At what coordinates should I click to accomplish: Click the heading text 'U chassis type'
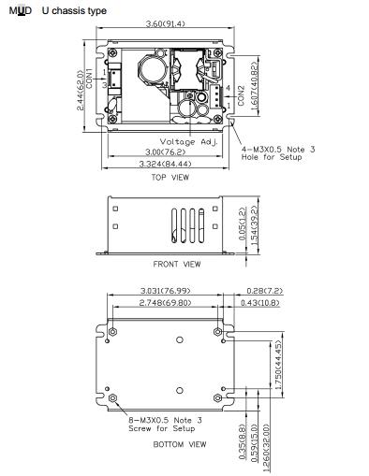pos(74,11)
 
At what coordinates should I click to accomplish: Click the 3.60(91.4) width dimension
pos(166,23)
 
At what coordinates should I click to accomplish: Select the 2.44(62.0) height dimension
pos(81,91)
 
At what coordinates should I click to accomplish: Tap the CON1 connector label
pos(89,79)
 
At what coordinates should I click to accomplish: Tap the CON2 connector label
pos(241,95)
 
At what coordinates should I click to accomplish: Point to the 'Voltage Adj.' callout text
pos(189,142)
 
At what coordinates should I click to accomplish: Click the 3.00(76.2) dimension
pos(166,151)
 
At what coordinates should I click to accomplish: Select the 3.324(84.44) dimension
pos(166,164)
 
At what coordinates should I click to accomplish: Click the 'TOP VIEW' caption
pos(170,178)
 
